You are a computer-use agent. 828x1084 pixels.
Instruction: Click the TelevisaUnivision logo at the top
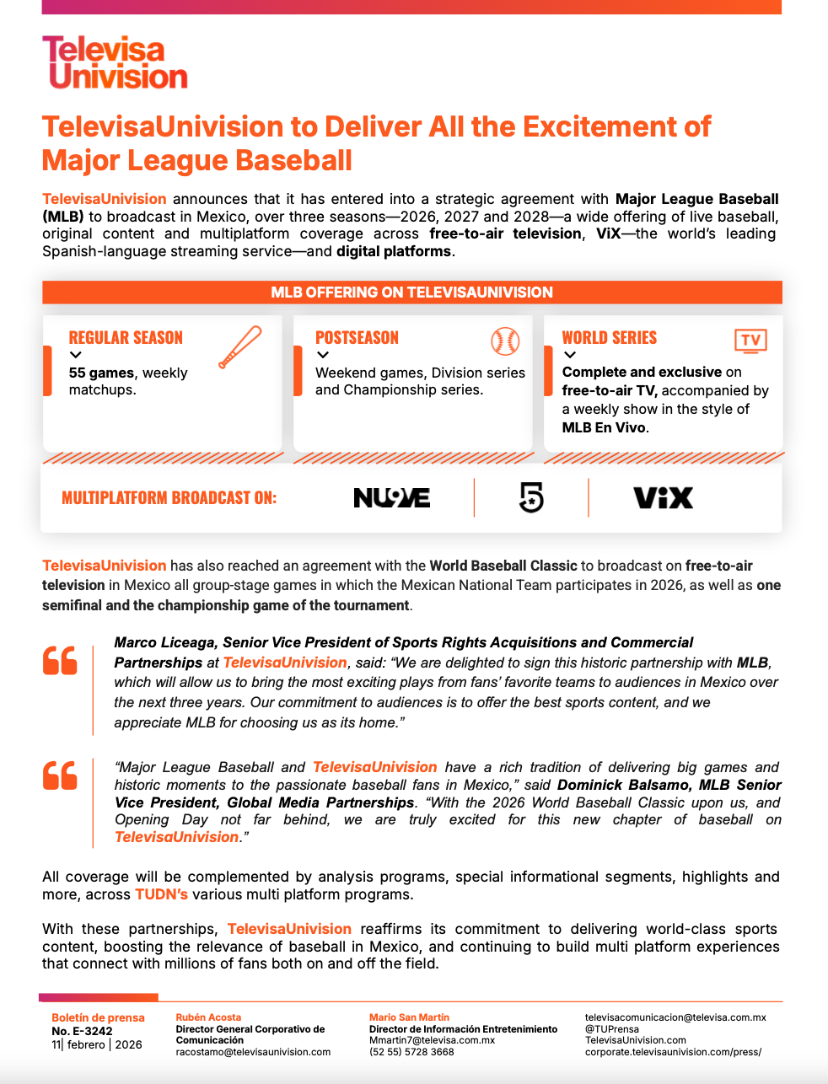point(115,62)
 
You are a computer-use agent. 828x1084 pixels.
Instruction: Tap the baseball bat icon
point(239,346)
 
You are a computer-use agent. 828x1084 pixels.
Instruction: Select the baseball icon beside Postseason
point(505,341)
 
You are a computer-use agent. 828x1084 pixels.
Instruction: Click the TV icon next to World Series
point(750,341)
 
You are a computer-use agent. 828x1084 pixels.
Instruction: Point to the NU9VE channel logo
point(391,498)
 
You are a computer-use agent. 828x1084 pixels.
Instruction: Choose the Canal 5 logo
point(531,497)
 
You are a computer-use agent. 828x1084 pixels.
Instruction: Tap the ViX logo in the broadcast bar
point(663,498)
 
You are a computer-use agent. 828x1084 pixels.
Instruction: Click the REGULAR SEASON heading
point(126,338)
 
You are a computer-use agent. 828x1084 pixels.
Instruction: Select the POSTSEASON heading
point(357,338)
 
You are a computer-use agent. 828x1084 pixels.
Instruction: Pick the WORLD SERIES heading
point(609,338)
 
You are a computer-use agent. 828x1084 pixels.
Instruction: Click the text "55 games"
point(101,373)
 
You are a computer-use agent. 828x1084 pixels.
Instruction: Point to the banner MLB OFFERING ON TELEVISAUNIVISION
point(411,292)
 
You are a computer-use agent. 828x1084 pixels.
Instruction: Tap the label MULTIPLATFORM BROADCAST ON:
point(169,498)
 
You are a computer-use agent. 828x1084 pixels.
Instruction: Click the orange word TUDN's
point(161,894)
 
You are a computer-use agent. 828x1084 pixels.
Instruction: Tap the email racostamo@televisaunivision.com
point(253,1052)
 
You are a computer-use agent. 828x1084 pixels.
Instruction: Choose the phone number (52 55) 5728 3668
point(411,1052)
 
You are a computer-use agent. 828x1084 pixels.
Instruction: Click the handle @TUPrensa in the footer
point(611,1029)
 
